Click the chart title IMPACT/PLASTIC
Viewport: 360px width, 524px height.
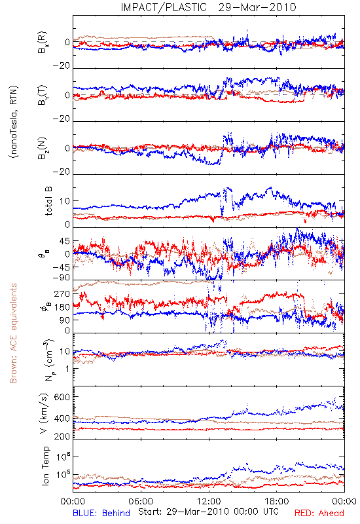[164, 7]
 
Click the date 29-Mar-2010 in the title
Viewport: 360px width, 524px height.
[257, 7]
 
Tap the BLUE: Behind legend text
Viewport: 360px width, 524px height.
[101, 513]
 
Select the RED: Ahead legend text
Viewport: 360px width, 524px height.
[319, 513]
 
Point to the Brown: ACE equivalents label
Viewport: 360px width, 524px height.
[13, 333]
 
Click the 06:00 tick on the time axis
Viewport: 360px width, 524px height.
[141, 501]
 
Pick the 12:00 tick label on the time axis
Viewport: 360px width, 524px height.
[209, 501]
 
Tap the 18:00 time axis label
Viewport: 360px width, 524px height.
[277, 501]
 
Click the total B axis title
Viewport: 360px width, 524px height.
[48, 201]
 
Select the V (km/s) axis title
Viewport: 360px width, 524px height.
[44, 413]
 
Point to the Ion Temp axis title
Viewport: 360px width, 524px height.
[45, 466]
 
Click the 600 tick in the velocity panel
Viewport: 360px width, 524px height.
[62, 397]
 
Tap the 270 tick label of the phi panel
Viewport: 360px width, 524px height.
[62, 293]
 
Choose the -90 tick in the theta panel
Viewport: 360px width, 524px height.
[62, 278]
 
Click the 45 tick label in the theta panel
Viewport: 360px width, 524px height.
[65, 241]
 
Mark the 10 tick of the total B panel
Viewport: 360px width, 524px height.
[65, 202]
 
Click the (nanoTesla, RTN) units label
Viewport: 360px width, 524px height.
[14, 122]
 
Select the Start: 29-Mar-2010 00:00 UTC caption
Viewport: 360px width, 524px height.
[208, 512]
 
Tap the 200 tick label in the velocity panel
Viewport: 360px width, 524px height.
[62, 436]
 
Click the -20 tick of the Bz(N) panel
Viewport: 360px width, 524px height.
[62, 172]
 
